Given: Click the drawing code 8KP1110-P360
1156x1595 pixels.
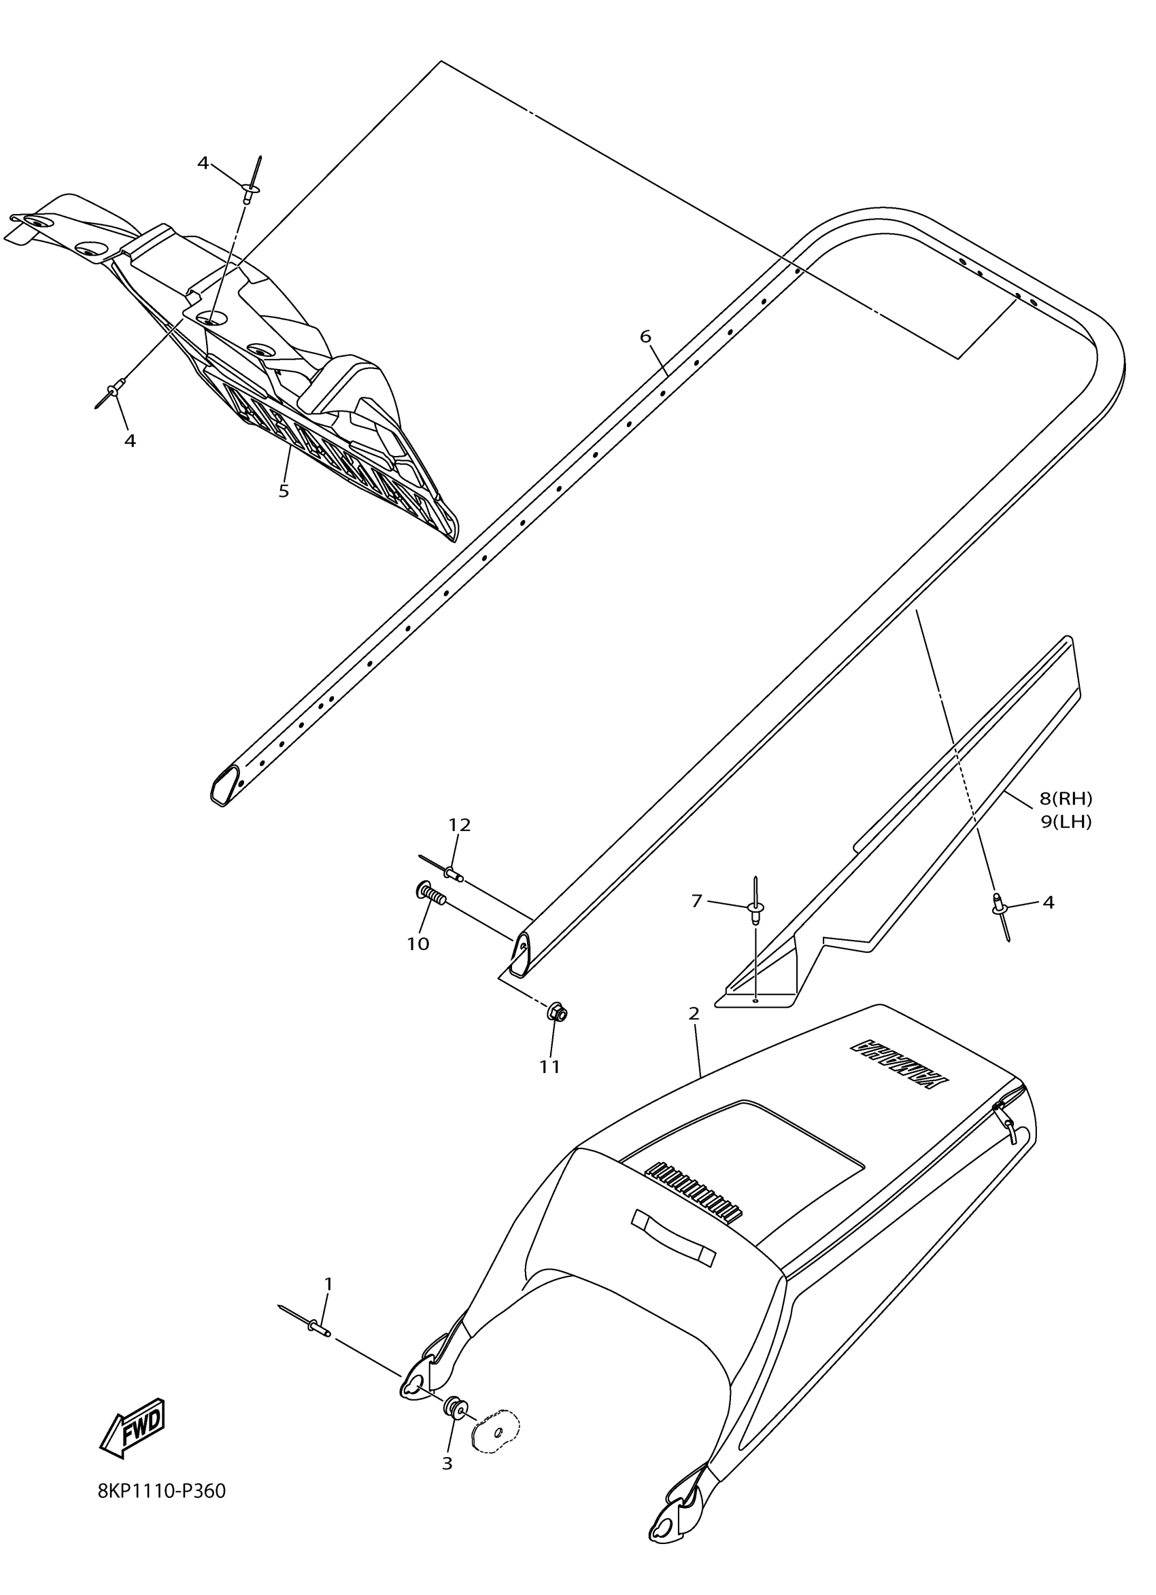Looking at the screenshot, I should [x=162, y=1511].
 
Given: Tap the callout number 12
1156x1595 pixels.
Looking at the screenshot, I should [x=460, y=824].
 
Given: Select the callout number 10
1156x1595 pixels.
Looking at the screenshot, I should [x=418, y=944].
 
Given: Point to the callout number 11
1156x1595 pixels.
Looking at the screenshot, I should [x=549, y=1067].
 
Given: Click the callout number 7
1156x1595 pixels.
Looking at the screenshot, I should [x=696, y=900].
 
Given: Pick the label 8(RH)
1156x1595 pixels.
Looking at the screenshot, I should [x=1066, y=799].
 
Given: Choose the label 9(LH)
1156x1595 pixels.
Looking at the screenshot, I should [x=1066, y=822].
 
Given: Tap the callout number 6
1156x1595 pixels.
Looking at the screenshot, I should [x=645, y=336].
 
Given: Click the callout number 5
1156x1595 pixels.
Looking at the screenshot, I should [x=284, y=491].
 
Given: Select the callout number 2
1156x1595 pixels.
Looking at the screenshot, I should [x=694, y=1013].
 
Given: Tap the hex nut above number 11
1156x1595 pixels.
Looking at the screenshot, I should [x=556, y=1014].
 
